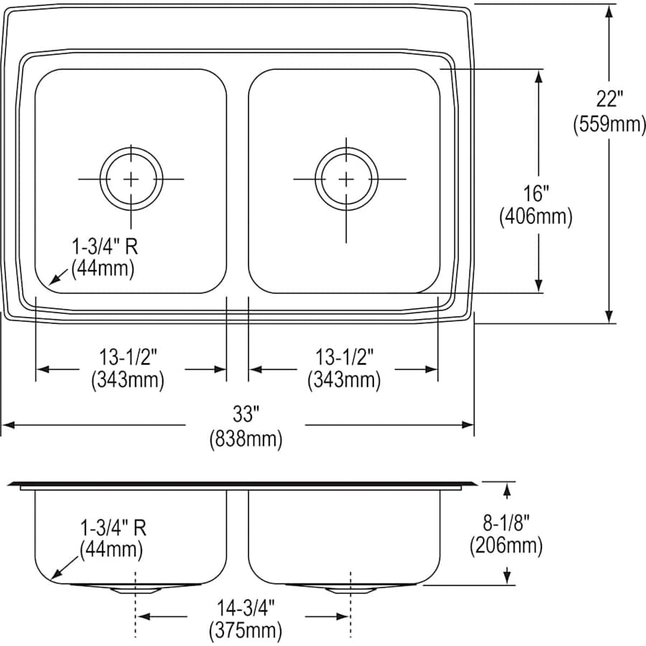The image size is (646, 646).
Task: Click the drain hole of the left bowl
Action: [131, 178]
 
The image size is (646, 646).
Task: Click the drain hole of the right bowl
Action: [346, 178]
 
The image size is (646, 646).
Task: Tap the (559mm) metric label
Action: [609, 123]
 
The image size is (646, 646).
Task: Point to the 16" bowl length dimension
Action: [535, 192]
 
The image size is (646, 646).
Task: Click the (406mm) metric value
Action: [535, 217]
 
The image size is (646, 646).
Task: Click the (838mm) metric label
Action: [245, 438]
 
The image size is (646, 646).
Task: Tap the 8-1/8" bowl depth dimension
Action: [506, 522]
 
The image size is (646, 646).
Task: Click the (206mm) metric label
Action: [506, 546]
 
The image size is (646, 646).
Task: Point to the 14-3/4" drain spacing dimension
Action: [245, 607]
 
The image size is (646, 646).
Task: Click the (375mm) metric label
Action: [245, 631]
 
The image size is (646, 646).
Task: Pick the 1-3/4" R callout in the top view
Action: [105, 246]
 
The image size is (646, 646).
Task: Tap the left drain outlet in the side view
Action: [135, 589]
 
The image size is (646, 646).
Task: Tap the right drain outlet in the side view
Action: [350, 589]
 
